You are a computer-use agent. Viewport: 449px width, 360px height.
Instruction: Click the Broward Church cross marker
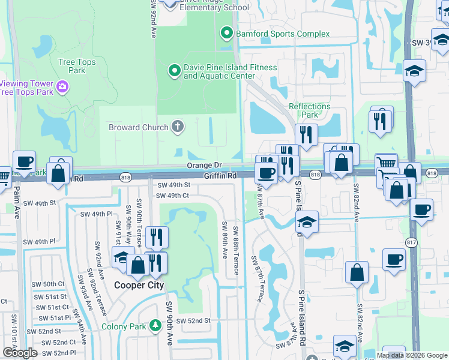[x=177, y=127]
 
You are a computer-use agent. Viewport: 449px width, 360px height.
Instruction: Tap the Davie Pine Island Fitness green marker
[x=174, y=71]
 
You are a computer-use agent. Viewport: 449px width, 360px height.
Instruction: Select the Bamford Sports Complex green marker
[x=227, y=34]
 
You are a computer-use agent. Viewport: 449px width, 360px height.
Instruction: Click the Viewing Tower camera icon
[x=62, y=88]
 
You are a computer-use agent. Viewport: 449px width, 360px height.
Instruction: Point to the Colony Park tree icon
[x=155, y=326]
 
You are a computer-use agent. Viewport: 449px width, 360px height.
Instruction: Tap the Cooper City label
[x=139, y=286]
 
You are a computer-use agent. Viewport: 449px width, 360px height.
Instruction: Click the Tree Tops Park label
[x=80, y=66]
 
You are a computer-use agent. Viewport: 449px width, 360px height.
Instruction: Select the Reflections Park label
[x=310, y=110]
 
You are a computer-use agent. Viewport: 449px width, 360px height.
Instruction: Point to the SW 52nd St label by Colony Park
[x=193, y=321]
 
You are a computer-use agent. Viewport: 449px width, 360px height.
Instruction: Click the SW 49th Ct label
[x=173, y=196]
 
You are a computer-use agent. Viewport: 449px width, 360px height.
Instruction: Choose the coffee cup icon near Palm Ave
[x=24, y=161]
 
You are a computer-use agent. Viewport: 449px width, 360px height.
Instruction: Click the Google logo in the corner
[x=20, y=353]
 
